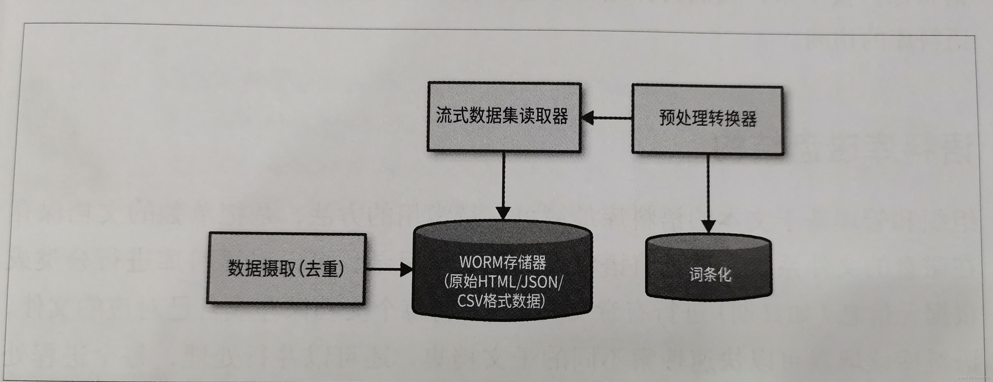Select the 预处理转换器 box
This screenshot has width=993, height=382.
[x=707, y=120]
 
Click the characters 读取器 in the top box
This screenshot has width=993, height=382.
[x=548, y=116]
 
